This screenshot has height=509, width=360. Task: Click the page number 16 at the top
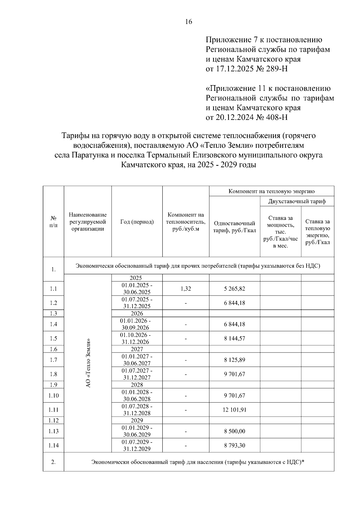coord(188,22)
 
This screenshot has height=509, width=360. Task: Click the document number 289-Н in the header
coord(277,69)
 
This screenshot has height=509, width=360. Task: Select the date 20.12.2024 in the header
coord(235,117)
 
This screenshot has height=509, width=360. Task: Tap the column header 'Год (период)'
coord(137,222)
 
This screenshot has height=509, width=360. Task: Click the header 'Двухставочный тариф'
coord(297,201)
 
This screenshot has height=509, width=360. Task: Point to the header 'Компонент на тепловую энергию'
coord(271,191)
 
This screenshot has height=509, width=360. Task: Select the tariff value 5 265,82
coord(234,289)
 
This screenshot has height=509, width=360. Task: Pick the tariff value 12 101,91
coord(234,410)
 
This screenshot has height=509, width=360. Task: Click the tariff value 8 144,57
coord(234,338)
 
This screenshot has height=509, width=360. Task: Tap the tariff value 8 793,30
coord(234,445)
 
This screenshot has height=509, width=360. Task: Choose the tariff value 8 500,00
coord(234,431)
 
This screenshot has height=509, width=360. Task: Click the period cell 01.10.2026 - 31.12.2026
coord(137,338)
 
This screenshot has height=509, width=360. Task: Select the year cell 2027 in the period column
coord(137,349)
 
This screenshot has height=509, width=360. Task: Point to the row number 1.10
coord(53,396)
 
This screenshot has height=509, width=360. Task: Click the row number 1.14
coord(53,445)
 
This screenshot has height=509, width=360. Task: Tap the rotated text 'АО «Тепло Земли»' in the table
coord(88,363)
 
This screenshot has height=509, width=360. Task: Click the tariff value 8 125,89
coord(234,360)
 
